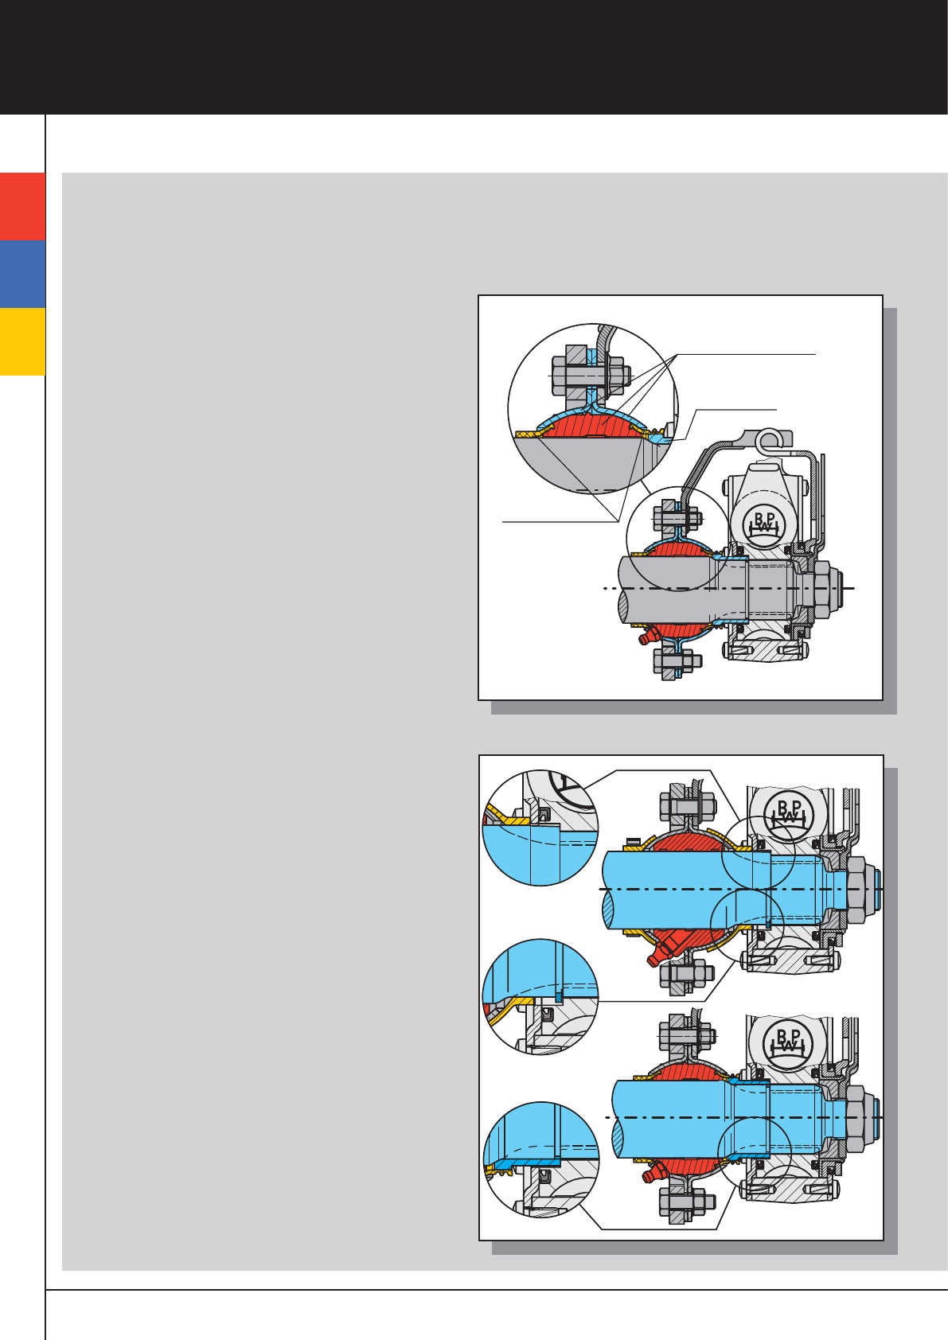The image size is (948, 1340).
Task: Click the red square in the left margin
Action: click(x=22, y=206)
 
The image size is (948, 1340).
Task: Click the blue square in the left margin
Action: click(x=22, y=273)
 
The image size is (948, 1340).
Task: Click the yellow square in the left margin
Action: click(x=22, y=341)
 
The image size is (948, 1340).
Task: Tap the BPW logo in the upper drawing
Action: click(x=766, y=524)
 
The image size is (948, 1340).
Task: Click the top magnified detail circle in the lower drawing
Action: click(x=540, y=828)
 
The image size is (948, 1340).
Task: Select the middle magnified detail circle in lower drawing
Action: click(x=540, y=996)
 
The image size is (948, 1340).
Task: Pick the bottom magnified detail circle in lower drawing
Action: click(x=540, y=1159)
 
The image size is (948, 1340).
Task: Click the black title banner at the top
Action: click(x=474, y=57)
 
